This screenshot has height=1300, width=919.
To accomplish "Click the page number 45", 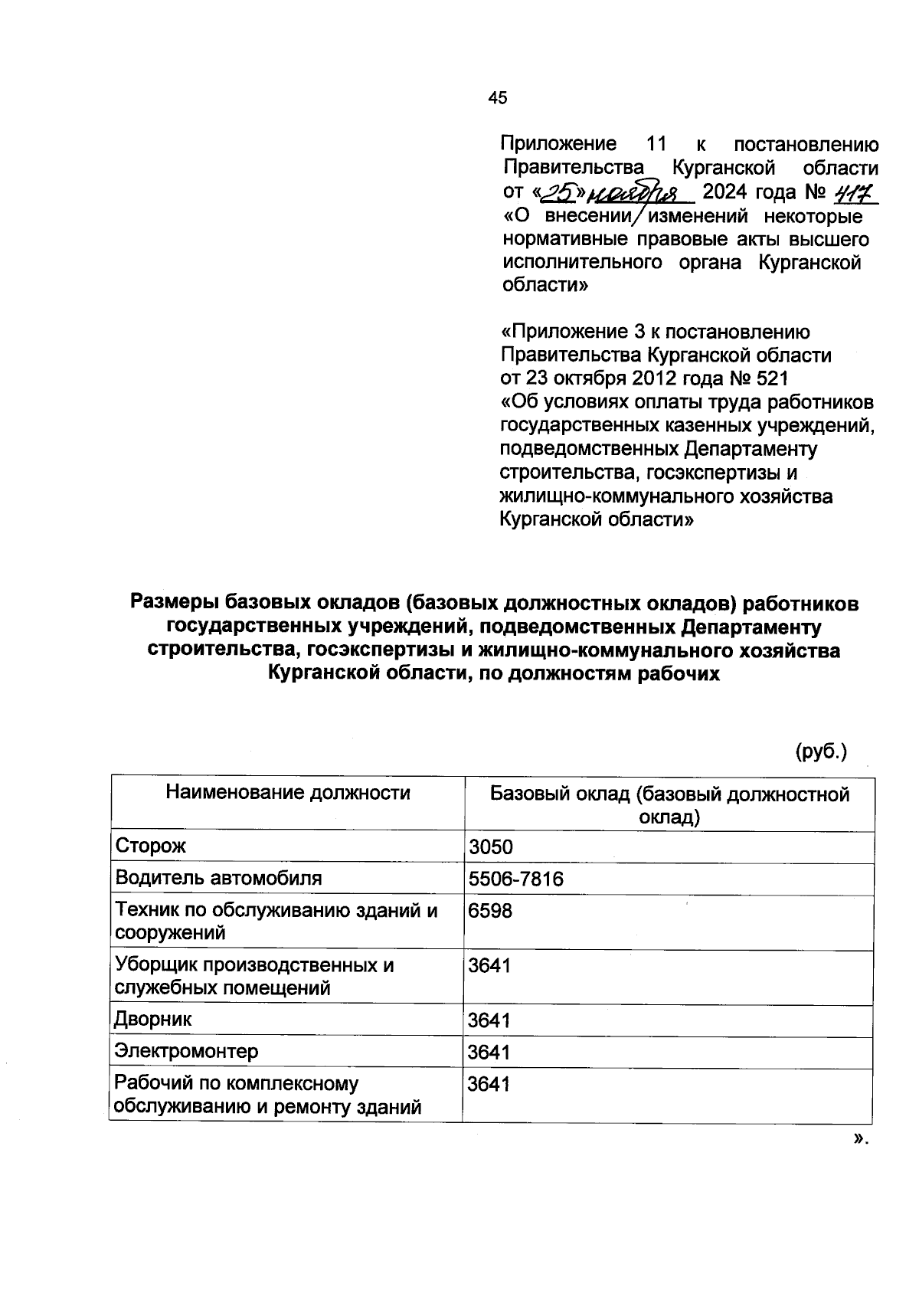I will tap(497, 98).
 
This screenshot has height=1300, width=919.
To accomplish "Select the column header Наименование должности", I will tap(288, 793).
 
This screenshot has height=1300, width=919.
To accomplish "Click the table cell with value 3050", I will tap(491, 847).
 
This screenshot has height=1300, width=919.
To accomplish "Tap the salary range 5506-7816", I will tap(516, 879).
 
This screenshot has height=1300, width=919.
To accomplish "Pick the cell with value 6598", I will tap(491, 911).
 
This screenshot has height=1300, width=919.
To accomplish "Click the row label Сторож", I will tap(150, 846).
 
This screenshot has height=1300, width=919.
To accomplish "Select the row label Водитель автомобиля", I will tap(218, 879).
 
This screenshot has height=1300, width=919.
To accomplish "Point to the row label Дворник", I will tap(152, 1020).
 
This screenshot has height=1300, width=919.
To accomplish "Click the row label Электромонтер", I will tap(186, 1051).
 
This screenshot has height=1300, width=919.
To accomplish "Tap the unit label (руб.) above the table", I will tap(821, 752).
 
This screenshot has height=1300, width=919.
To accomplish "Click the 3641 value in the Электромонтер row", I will tap(489, 1053).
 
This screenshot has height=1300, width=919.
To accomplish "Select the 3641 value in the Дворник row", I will tap(489, 1020).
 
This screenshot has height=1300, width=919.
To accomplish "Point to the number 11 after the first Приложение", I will tap(657, 144).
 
